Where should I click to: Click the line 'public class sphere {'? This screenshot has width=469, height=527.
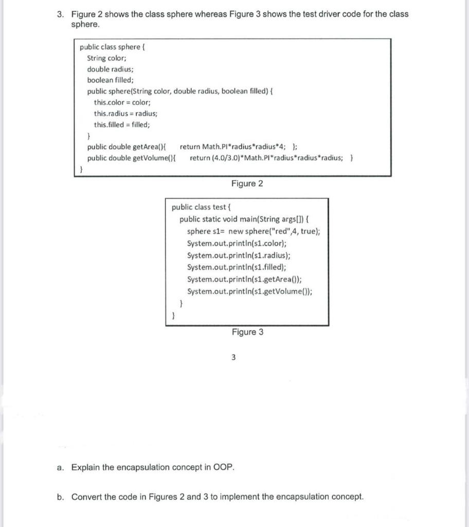click(x=113, y=47)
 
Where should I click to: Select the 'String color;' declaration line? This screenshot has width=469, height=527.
click(x=110, y=58)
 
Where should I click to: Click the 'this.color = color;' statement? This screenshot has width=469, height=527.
click(x=121, y=102)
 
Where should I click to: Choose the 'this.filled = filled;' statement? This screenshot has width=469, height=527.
click(x=122, y=125)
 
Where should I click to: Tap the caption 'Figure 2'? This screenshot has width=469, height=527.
click(x=247, y=184)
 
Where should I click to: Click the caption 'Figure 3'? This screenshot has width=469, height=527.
click(x=247, y=332)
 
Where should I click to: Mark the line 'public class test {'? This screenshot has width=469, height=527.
click(x=202, y=207)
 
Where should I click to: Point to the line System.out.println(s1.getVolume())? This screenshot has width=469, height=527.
click(x=250, y=291)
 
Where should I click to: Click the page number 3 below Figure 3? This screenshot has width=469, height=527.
click(x=233, y=358)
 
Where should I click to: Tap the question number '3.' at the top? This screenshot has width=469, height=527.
click(x=61, y=14)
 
